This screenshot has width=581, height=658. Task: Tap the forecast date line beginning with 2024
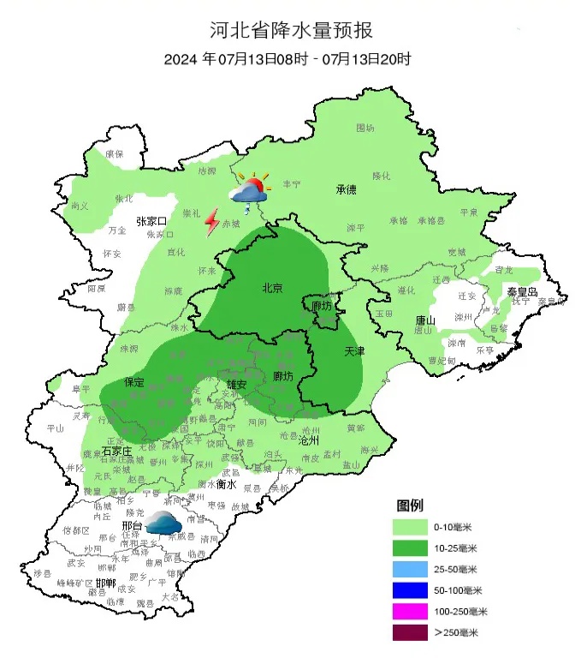click(289, 60)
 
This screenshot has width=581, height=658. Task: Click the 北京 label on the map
click(272, 289)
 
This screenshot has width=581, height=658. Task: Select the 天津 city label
click(354, 352)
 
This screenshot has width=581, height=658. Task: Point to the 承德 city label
click(346, 190)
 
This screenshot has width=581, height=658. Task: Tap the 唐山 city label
click(424, 320)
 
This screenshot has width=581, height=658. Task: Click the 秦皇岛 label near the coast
click(522, 292)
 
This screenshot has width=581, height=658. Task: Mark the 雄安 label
click(236, 385)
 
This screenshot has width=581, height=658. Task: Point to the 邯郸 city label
click(106, 583)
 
